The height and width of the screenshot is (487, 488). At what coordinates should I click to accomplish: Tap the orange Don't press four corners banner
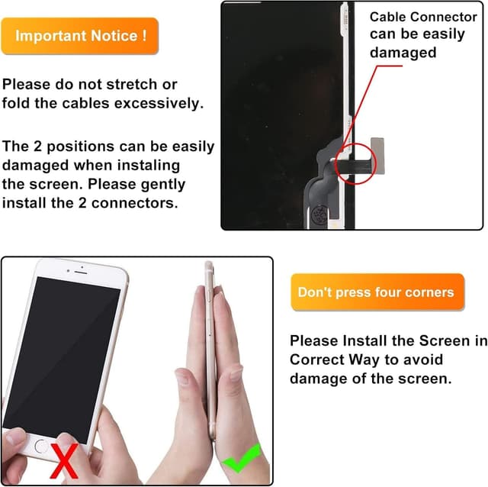(x=376, y=292)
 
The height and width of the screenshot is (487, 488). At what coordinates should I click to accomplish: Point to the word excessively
(x=156, y=103)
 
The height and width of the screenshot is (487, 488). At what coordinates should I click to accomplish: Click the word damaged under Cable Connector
(x=403, y=53)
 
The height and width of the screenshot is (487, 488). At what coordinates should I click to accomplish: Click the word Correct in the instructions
(x=321, y=360)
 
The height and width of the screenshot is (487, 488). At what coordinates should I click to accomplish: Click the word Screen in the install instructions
(x=440, y=340)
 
